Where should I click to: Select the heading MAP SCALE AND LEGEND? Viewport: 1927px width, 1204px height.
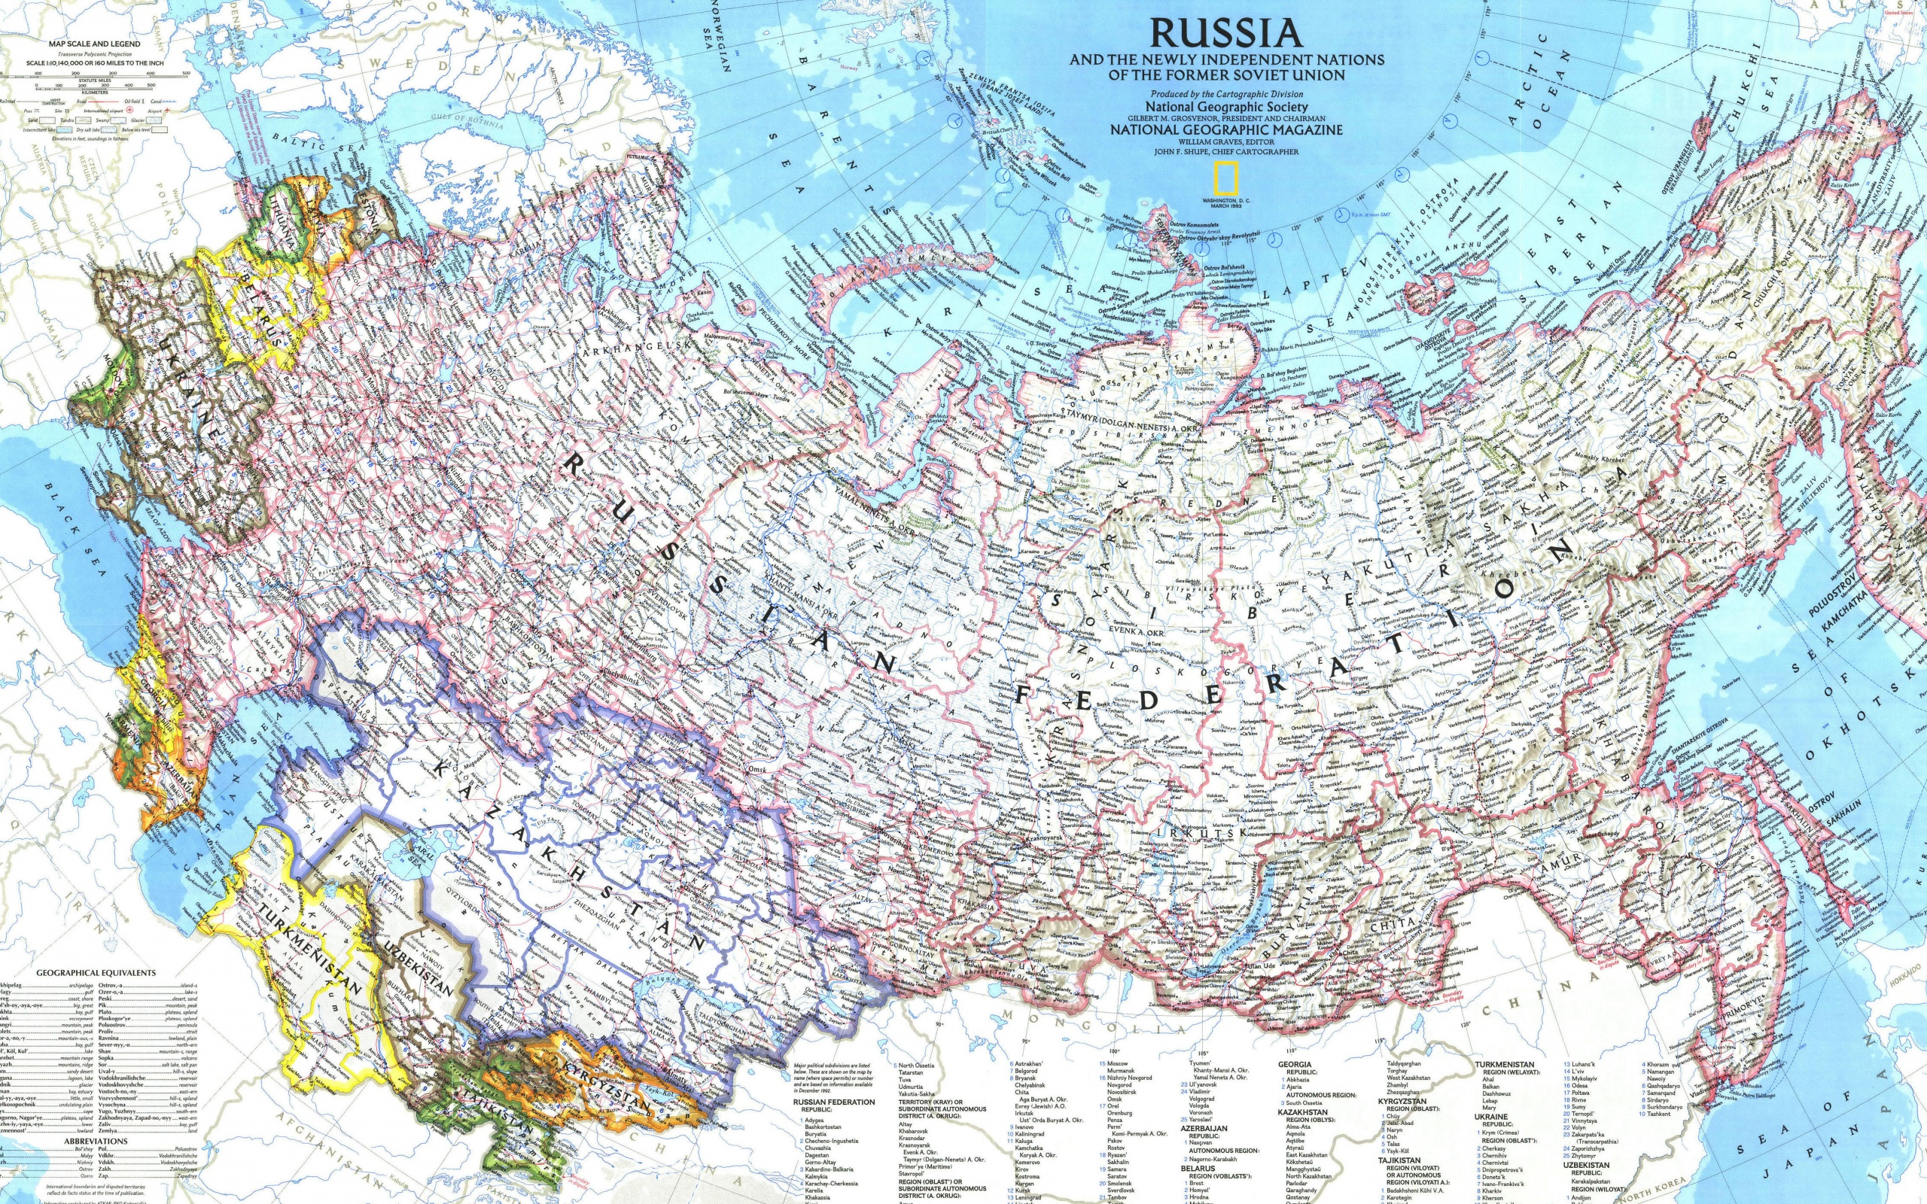tap(95, 44)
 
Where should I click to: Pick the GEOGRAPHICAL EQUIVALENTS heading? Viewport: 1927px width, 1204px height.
tap(96, 973)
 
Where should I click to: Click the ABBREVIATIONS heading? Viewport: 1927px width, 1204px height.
tap(96, 1141)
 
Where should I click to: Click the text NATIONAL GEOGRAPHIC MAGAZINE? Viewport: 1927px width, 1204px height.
tap(1226, 129)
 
